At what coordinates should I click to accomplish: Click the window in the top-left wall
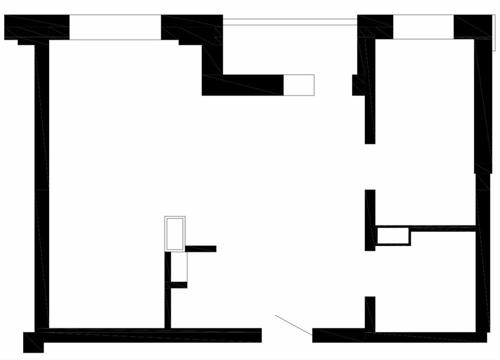click(115, 27)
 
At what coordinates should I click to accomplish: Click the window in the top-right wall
click(423, 27)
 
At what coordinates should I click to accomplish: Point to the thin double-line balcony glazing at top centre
click(290, 22)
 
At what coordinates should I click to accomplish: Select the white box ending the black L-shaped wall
click(299, 85)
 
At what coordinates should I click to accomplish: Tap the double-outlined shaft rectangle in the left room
click(175, 234)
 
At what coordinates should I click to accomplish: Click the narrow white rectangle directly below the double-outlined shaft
click(180, 267)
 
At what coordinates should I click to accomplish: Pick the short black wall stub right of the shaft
click(201, 249)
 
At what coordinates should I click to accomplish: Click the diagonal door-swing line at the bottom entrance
click(294, 325)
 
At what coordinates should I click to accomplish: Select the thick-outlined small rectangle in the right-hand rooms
click(394, 236)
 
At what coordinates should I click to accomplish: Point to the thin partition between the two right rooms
click(444, 229)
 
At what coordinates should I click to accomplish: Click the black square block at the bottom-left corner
click(33, 342)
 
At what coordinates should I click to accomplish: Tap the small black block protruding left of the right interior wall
click(358, 85)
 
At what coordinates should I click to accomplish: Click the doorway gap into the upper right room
click(370, 167)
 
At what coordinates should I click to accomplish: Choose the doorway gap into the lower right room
click(370, 273)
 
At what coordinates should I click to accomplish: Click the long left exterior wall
click(42, 185)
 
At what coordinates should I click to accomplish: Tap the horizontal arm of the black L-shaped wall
click(243, 85)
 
